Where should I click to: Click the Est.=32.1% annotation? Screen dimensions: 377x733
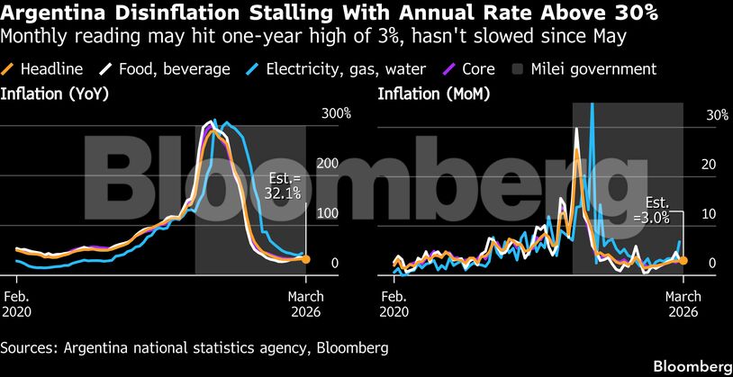(285, 185)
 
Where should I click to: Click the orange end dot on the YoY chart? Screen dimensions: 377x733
(306, 259)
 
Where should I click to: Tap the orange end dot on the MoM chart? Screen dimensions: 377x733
(683, 260)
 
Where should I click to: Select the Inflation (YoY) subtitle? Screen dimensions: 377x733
(50, 94)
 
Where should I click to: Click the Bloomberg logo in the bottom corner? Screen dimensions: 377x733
(691, 366)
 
